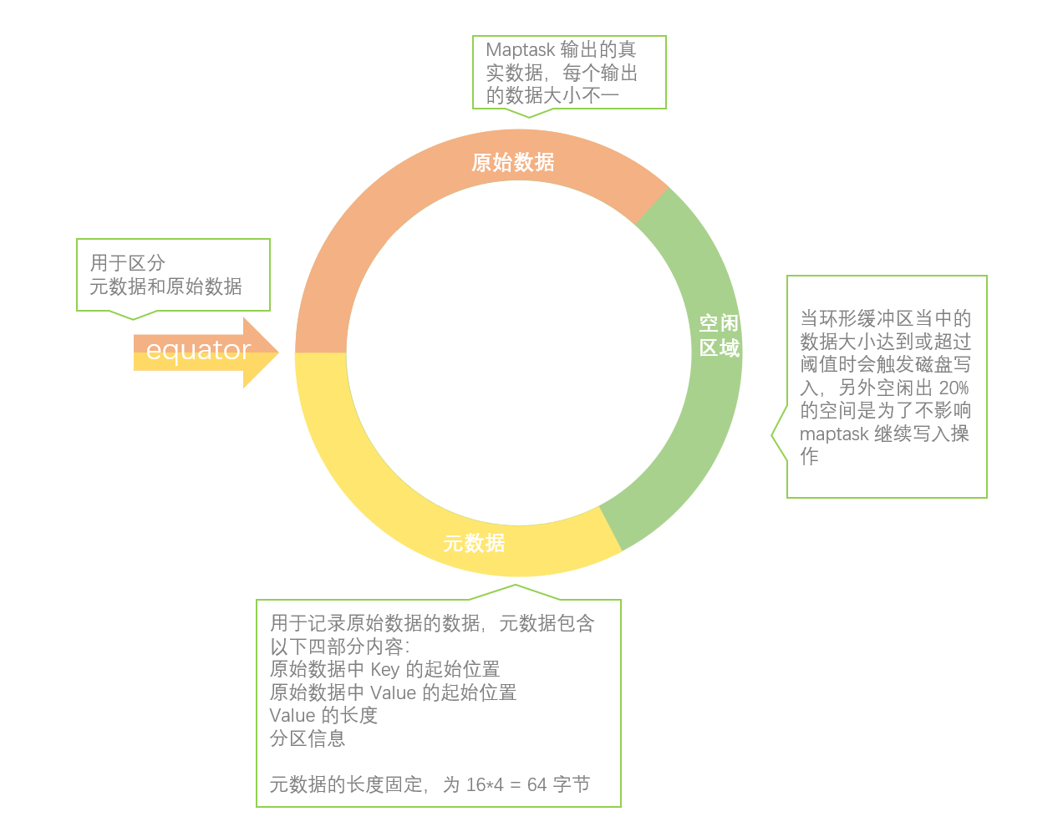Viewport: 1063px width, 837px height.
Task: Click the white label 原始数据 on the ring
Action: pyautogui.click(x=513, y=162)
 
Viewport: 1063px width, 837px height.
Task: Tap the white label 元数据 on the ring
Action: pyautogui.click(x=474, y=543)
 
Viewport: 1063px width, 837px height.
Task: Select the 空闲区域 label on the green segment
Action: pyautogui.click(x=720, y=336)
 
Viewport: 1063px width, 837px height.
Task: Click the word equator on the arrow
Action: pyautogui.click(x=198, y=350)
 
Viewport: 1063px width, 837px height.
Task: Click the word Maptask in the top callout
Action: pyautogui.click(x=519, y=50)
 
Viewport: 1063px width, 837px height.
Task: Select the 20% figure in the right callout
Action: pyautogui.click(x=954, y=388)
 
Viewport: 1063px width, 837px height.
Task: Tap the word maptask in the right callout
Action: pyautogui.click(x=834, y=434)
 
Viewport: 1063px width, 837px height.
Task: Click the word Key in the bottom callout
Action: pyautogui.click(x=384, y=669)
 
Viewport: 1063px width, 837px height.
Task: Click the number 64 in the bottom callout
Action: pyautogui.click(x=537, y=784)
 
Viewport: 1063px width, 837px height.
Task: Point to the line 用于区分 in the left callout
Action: pyautogui.click(x=128, y=263)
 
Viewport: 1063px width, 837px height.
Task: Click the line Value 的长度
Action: pyautogui.click(x=323, y=715)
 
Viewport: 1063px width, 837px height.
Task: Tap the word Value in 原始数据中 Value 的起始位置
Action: pyautogui.click(x=393, y=692)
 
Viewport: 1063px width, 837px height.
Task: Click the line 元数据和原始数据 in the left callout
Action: pyautogui.click(x=165, y=287)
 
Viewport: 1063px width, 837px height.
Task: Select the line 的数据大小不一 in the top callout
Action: pyautogui.click(x=552, y=95)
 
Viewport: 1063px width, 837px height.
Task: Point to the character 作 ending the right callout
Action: pyautogui.click(x=809, y=456)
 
